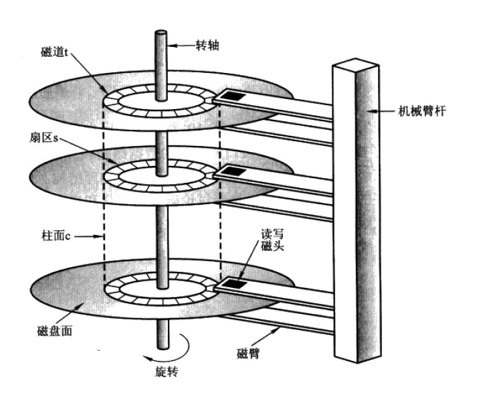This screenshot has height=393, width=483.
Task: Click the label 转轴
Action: pyautogui.click(x=207, y=46)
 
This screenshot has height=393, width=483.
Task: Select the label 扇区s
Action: pyautogui.click(x=43, y=138)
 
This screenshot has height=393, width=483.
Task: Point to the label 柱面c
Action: pyautogui.click(x=56, y=236)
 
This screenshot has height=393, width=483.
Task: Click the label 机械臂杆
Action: pyautogui.click(x=421, y=111)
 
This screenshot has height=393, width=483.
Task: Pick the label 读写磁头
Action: pyautogui.click(x=272, y=240)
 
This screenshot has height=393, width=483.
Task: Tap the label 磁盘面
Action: pyautogui.click(x=55, y=331)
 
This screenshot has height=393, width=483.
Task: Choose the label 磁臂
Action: pyautogui.click(x=248, y=353)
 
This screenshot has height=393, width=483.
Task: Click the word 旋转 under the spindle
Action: pyautogui.click(x=167, y=372)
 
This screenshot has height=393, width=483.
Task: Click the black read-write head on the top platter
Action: pyautogui.click(x=233, y=96)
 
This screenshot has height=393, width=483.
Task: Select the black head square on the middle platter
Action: pyautogui.click(x=235, y=171)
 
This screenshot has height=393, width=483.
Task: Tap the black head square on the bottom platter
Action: pyautogui.click(x=236, y=284)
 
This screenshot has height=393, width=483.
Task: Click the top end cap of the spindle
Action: pyautogui.click(x=161, y=33)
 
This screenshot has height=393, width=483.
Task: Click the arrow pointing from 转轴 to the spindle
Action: pyautogui.click(x=181, y=46)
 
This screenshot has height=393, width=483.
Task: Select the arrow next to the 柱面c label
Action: pyautogui.click(x=88, y=237)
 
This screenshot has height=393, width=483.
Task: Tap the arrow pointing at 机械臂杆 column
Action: pyautogui.click(x=381, y=111)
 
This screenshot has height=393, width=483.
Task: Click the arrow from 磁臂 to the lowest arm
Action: pyautogui.click(x=266, y=337)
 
